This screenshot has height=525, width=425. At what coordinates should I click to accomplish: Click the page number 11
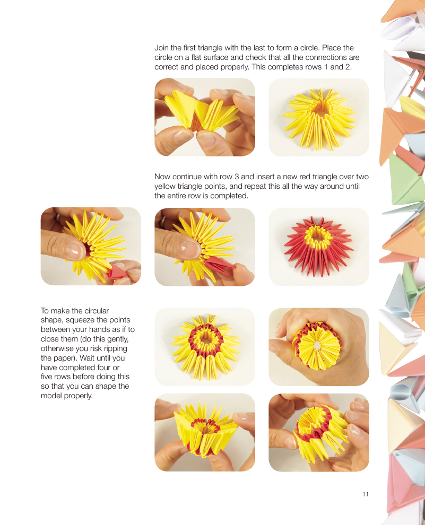tap(366, 494)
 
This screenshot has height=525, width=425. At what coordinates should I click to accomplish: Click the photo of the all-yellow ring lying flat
tap(318, 117)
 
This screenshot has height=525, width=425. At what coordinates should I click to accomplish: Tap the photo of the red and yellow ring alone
tap(318, 247)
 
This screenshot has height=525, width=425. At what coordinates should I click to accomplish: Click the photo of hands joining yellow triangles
tap(205, 117)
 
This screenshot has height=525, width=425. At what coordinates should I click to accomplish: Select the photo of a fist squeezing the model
tap(318, 347)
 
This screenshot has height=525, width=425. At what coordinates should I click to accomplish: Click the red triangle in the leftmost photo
tap(117, 272)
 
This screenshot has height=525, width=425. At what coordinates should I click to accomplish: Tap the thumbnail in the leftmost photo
tap(75, 251)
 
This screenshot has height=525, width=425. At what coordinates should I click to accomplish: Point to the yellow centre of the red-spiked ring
tap(316, 235)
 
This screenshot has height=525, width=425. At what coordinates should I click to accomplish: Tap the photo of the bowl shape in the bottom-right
tap(318, 433)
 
